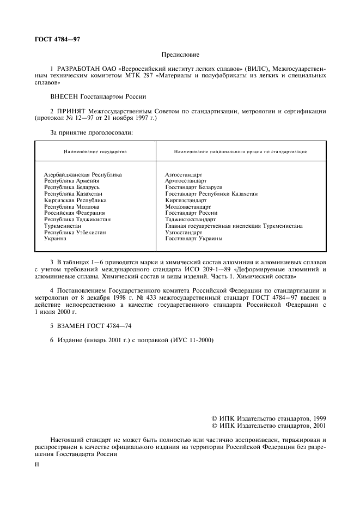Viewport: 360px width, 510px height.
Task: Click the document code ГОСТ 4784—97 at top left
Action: click(x=57, y=39)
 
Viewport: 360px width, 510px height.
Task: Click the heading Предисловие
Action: click(x=180, y=54)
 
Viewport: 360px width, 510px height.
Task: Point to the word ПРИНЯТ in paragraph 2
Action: click(x=71, y=111)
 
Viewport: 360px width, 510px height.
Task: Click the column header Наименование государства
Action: click(x=95, y=151)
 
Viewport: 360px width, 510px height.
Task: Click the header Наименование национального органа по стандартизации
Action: click(x=241, y=151)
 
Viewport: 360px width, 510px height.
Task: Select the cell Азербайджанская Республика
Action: click(x=83, y=174)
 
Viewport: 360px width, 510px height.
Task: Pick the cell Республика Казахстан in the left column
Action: click(x=73, y=193)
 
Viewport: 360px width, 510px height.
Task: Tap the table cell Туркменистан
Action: click(x=64, y=226)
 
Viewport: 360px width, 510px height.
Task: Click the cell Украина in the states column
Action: click(x=55, y=239)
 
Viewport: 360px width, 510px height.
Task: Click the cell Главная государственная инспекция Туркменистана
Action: click(x=234, y=226)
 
